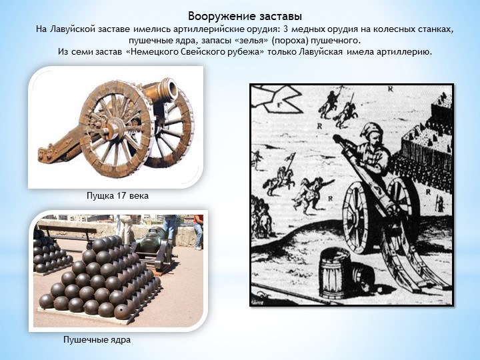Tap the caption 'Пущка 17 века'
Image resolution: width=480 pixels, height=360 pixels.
pyautogui.click(x=117, y=195)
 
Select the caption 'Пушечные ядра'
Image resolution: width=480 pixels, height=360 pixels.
pyautogui.click(x=97, y=339)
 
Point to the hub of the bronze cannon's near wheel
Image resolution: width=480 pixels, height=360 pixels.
pyautogui.click(x=115, y=128)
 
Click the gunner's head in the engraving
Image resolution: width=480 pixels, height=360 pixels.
pyautogui.click(x=371, y=133)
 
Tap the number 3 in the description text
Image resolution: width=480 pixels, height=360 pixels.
pyautogui.click(x=286, y=29)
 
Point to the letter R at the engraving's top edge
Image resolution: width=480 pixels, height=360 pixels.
pyautogui.click(x=390, y=89)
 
